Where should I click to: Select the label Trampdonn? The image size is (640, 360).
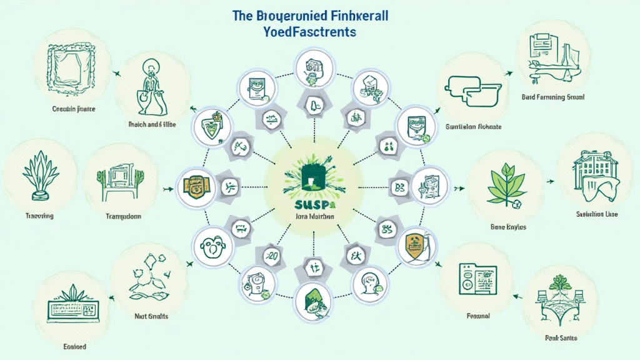[119, 216]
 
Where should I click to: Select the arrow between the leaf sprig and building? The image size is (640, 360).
[551, 182]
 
